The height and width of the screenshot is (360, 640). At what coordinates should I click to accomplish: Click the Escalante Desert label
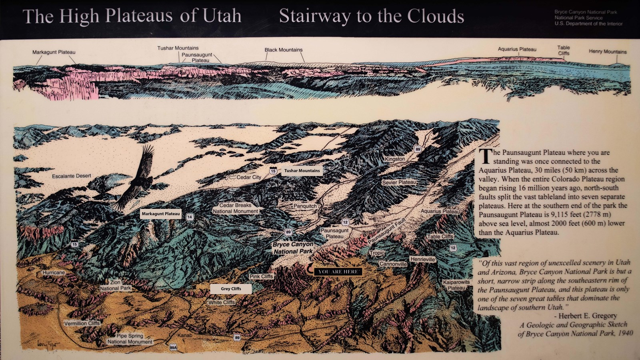(x=72, y=176)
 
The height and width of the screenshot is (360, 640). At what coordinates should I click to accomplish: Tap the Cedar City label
(x=249, y=177)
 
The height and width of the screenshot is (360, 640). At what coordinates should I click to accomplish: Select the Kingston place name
(x=395, y=159)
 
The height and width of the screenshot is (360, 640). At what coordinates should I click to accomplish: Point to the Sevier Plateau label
(x=399, y=182)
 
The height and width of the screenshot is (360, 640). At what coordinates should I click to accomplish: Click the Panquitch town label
(x=305, y=206)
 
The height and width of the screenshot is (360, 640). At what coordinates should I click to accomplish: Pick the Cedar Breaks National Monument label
(x=235, y=208)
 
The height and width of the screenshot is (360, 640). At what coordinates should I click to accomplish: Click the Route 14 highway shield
(x=190, y=217)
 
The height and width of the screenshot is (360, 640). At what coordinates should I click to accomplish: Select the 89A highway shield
(x=173, y=348)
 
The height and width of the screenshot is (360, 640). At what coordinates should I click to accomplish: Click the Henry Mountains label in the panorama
(x=608, y=52)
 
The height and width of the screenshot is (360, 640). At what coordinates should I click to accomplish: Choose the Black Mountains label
(x=283, y=50)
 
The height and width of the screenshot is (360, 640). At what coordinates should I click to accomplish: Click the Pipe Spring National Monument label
(x=130, y=339)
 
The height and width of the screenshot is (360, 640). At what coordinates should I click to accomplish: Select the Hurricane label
(x=54, y=272)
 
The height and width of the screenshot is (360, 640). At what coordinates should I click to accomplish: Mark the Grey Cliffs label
(x=231, y=289)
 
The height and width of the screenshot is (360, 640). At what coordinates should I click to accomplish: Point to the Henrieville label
(x=422, y=260)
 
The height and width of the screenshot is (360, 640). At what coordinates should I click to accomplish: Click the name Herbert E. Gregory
(x=588, y=316)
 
